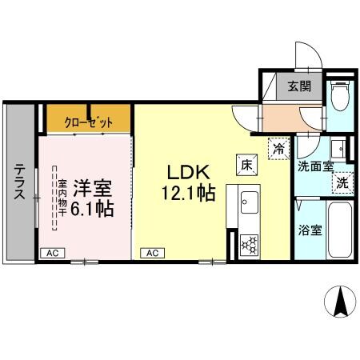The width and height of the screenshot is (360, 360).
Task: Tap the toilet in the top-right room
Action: (340, 98)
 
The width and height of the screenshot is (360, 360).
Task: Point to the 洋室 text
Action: (92, 190)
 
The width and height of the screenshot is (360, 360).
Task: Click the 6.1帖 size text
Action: (93, 210)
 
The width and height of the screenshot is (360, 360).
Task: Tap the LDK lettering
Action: (188, 172)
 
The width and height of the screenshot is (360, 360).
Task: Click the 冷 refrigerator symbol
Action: (278, 149)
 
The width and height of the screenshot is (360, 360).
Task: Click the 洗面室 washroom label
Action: (313, 167)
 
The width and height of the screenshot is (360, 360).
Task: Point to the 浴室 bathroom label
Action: (312, 230)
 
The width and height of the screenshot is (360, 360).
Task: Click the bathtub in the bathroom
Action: (340, 229)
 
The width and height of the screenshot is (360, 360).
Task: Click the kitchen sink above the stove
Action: (244, 205)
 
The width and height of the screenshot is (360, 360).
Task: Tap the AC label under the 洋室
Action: (52, 253)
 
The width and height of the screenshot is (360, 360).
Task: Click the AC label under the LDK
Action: (151, 253)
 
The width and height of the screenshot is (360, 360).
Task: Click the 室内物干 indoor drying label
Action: (61, 197)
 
